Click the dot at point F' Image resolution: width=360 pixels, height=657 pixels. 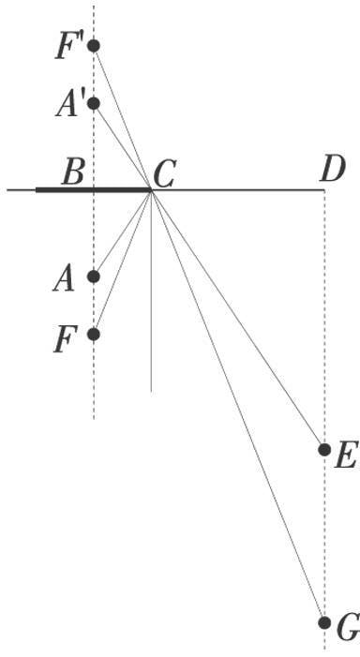coord(93,45)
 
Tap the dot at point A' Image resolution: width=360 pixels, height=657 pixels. coord(93,103)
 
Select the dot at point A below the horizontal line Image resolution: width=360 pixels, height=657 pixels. coord(93,276)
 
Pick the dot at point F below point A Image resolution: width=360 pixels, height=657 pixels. coord(93,334)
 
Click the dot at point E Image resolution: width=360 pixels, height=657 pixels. coord(324,450)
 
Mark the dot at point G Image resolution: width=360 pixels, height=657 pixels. coord(324,622)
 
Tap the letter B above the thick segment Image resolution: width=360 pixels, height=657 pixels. coord(73,172)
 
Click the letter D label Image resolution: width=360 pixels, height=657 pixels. coord(331,170)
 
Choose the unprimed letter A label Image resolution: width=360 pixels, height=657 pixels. coord(65,278)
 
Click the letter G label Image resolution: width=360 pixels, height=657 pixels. coord(346,629)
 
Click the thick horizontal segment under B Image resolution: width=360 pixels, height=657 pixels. coord(94,189)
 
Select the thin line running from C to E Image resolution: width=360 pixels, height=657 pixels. coord(238,320)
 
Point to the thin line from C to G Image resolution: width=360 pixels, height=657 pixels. coord(238,406)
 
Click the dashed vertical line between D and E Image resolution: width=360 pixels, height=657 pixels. coord(324,319)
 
